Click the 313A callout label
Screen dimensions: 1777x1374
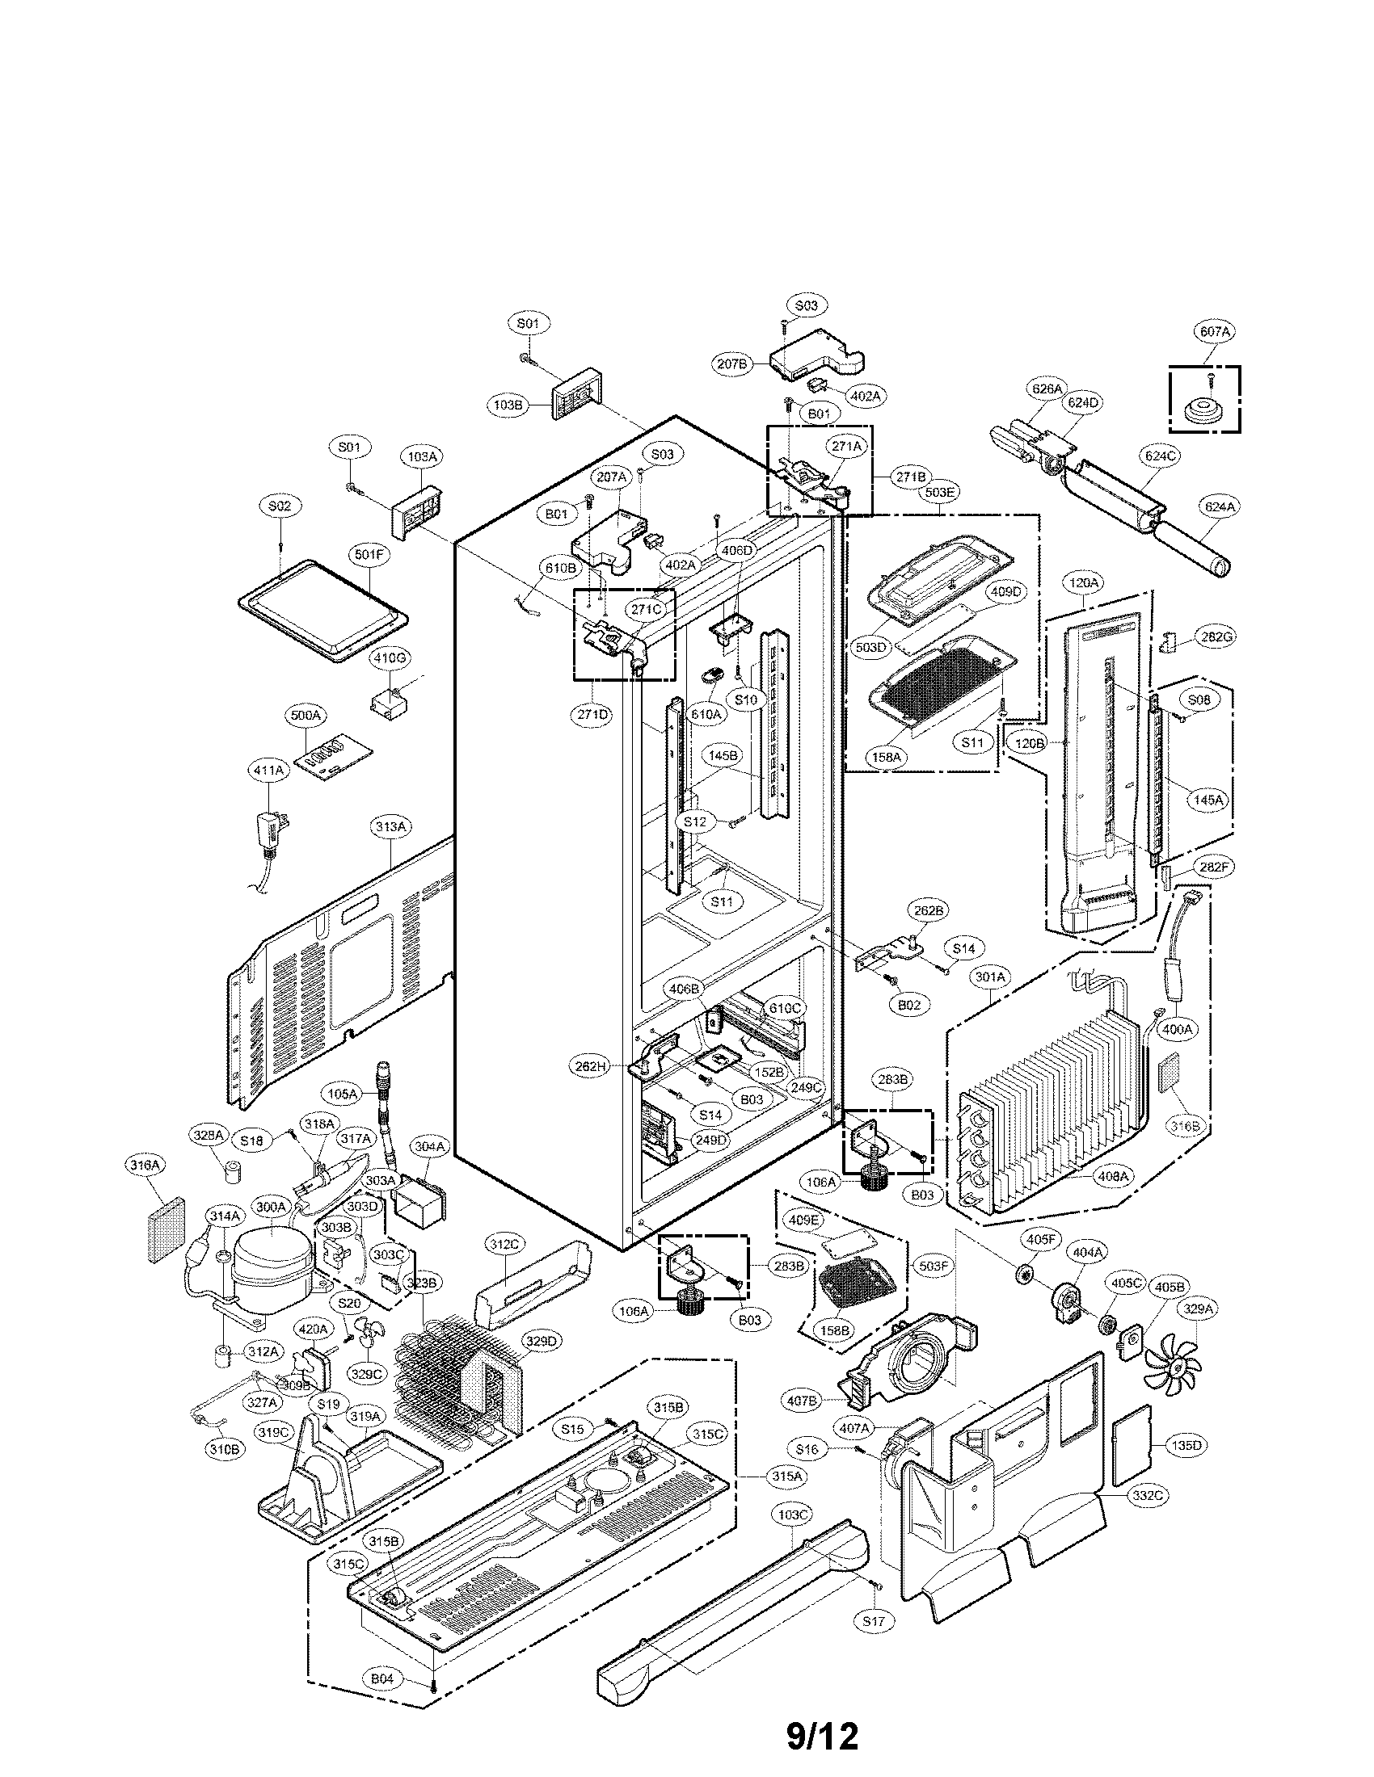[x=390, y=826]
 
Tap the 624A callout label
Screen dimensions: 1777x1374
[x=1220, y=506]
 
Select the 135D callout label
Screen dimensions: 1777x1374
[x=1186, y=1445]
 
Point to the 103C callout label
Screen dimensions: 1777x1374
[x=793, y=1515]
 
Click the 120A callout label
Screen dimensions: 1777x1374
[x=1084, y=582]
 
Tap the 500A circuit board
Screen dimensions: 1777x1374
[x=331, y=755]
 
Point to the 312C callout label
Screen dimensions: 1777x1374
[x=503, y=1267]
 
